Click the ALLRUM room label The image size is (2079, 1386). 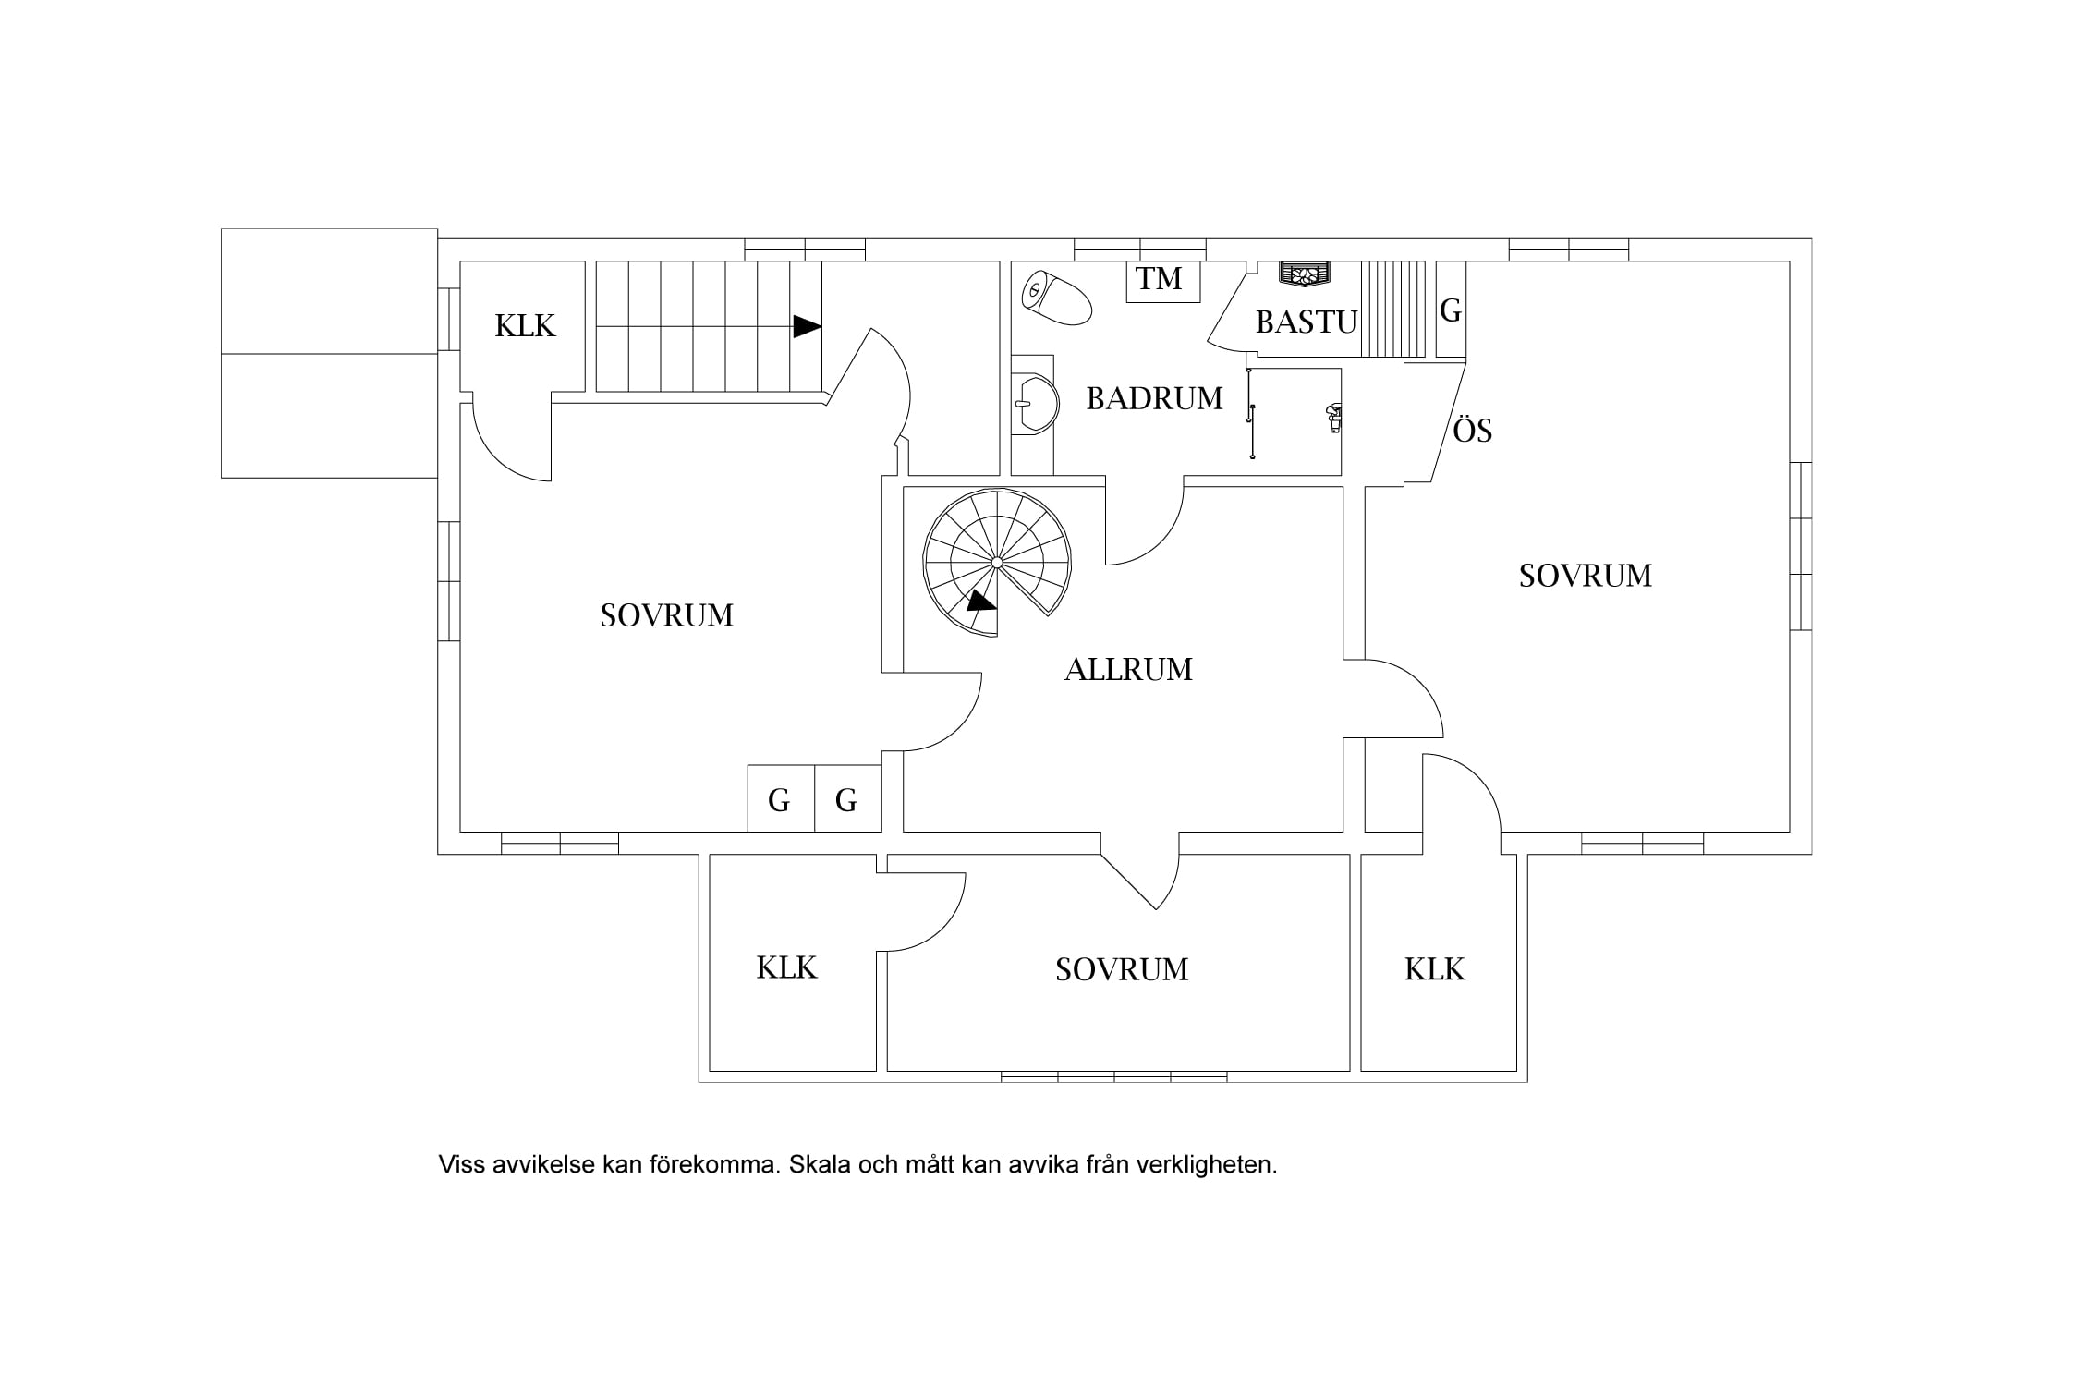tap(1128, 669)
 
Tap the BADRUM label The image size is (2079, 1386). tap(1154, 398)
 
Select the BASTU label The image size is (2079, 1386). tap(1307, 322)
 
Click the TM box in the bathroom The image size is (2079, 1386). tap(1162, 281)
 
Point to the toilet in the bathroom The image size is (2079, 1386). tap(1056, 297)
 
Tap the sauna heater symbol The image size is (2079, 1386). tap(1306, 274)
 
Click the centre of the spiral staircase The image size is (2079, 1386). tap(997, 562)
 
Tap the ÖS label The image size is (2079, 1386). tap(1473, 431)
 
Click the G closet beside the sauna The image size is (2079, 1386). tap(1451, 310)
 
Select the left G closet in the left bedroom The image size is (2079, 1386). tap(781, 798)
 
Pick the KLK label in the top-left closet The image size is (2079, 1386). tap(525, 326)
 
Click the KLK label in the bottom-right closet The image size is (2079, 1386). tap(1435, 969)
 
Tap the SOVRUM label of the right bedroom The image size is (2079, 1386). tap(1586, 576)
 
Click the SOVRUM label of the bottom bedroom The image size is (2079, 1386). tap(1122, 969)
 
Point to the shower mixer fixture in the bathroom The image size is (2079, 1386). tap(1332, 418)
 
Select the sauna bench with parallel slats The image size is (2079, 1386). tap(1393, 310)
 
